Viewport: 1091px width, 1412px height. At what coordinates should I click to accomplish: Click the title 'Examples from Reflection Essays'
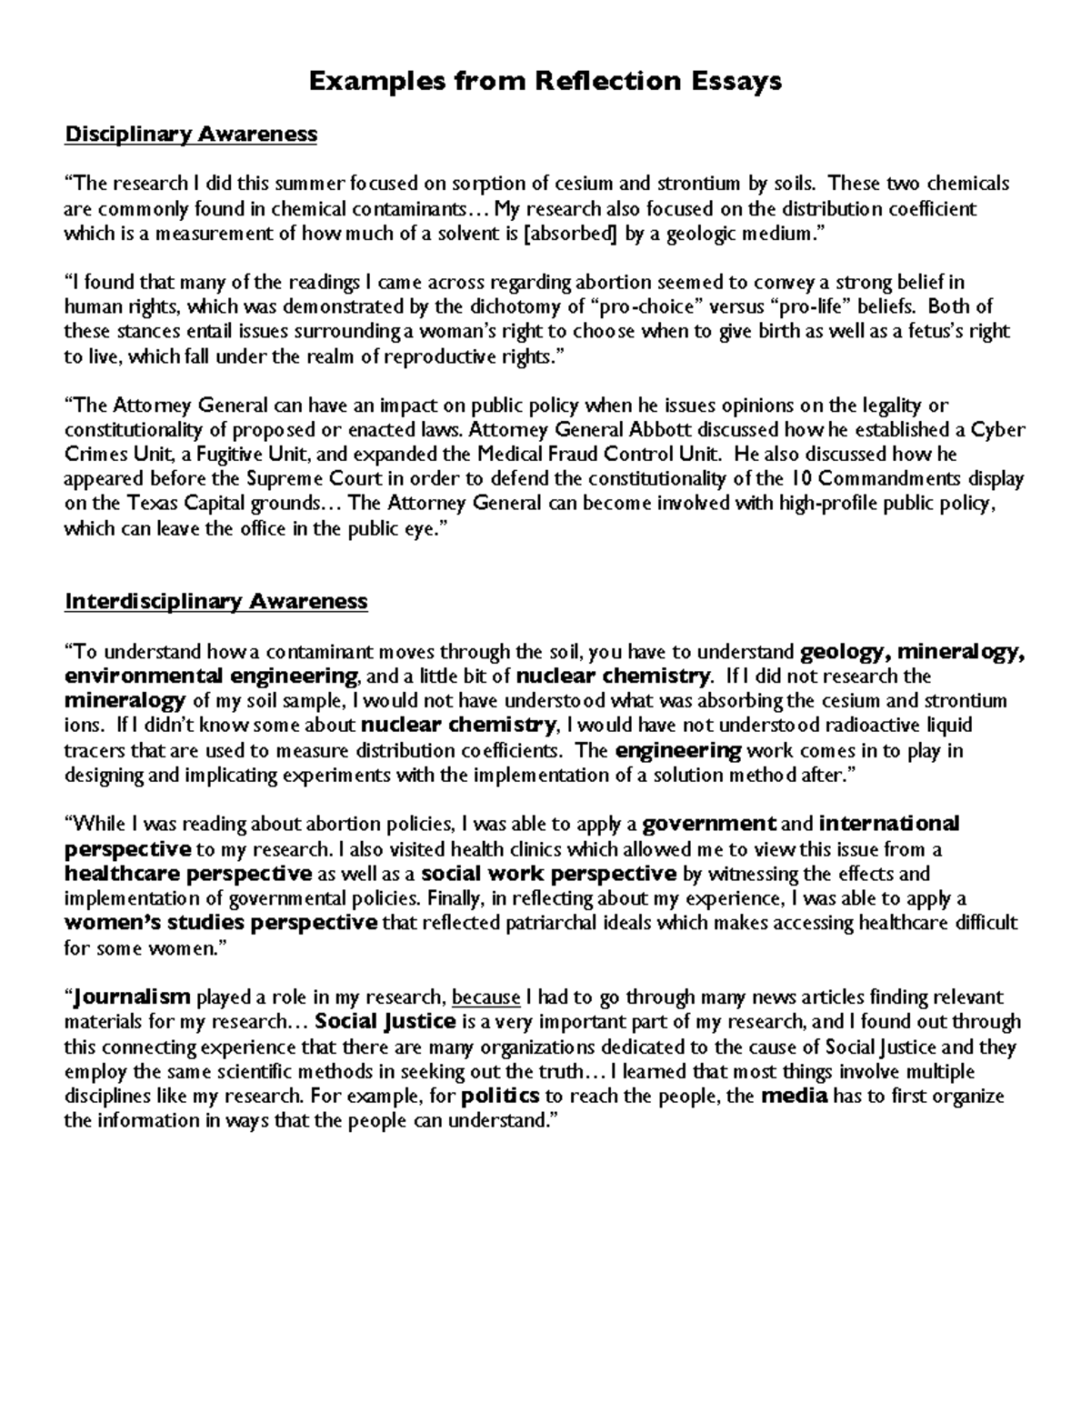[x=545, y=82]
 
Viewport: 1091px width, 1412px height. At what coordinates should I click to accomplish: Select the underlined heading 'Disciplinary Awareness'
[x=191, y=135]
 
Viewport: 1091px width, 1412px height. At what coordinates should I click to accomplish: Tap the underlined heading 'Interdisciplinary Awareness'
[x=216, y=601]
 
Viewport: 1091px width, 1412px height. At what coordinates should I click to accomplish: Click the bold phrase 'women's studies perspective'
[x=221, y=924]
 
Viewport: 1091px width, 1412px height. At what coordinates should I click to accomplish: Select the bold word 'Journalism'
[x=131, y=997]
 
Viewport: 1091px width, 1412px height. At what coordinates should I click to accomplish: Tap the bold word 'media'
[x=794, y=1097]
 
